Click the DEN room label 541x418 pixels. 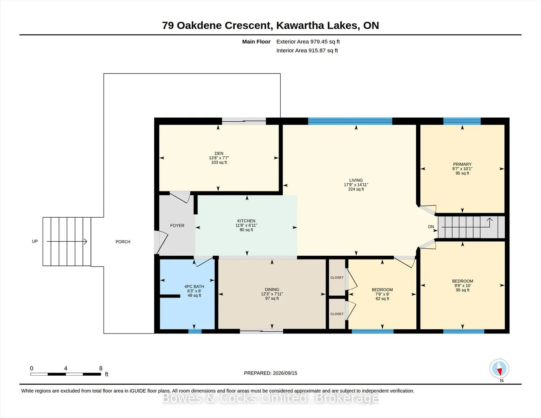[219, 153]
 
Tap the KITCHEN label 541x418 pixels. [246, 221]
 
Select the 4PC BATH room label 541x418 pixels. [194, 287]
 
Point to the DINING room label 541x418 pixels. [272, 289]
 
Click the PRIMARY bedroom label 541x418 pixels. [462, 164]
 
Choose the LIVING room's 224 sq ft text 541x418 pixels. [356, 189]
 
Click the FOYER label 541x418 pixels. [177, 226]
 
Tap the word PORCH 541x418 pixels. [123, 242]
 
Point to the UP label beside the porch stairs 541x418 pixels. [35, 241]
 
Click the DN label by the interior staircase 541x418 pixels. [431, 227]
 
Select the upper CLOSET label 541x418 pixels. [337, 278]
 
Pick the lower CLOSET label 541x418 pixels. [337, 314]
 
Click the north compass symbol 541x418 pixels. [499, 369]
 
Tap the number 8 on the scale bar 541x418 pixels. [101, 369]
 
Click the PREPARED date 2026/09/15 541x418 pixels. [285, 373]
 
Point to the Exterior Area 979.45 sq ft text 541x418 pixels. [308, 41]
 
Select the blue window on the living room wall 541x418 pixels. [350, 121]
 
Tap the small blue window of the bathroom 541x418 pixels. [195, 331]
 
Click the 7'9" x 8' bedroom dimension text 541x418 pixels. [382, 294]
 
